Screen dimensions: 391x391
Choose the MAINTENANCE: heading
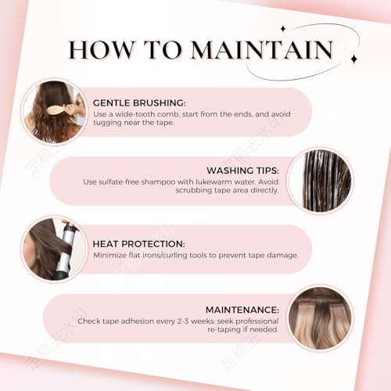(242, 310)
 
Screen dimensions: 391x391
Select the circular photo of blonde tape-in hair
(320, 318)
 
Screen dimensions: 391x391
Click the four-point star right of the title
(353, 59)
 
